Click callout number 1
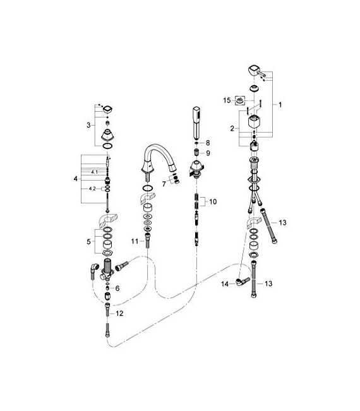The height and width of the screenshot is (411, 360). [282, 104]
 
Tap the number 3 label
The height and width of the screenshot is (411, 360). [88, 126]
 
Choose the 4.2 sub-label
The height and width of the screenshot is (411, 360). [92, 188]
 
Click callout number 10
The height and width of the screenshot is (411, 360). [213, 202]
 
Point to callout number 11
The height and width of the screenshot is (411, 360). [133, 241]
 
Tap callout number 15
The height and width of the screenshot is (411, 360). [226, 100]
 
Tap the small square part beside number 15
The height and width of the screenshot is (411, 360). [240, 99]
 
